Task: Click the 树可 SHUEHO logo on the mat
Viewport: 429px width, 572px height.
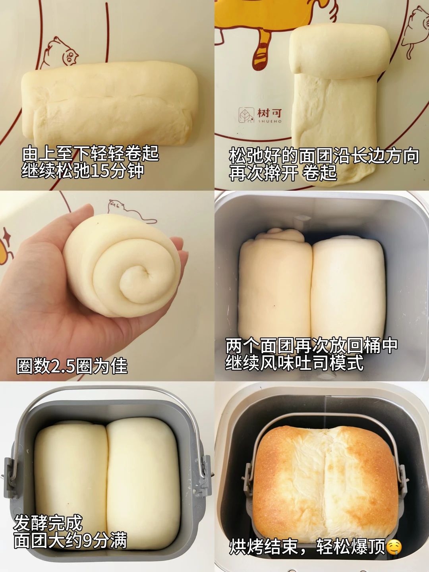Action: [260, 115]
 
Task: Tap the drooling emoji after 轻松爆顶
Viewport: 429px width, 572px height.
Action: [394, 547]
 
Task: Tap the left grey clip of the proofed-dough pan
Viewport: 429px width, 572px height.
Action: [9, 471]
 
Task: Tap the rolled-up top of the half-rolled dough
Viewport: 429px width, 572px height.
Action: [338, 51]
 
